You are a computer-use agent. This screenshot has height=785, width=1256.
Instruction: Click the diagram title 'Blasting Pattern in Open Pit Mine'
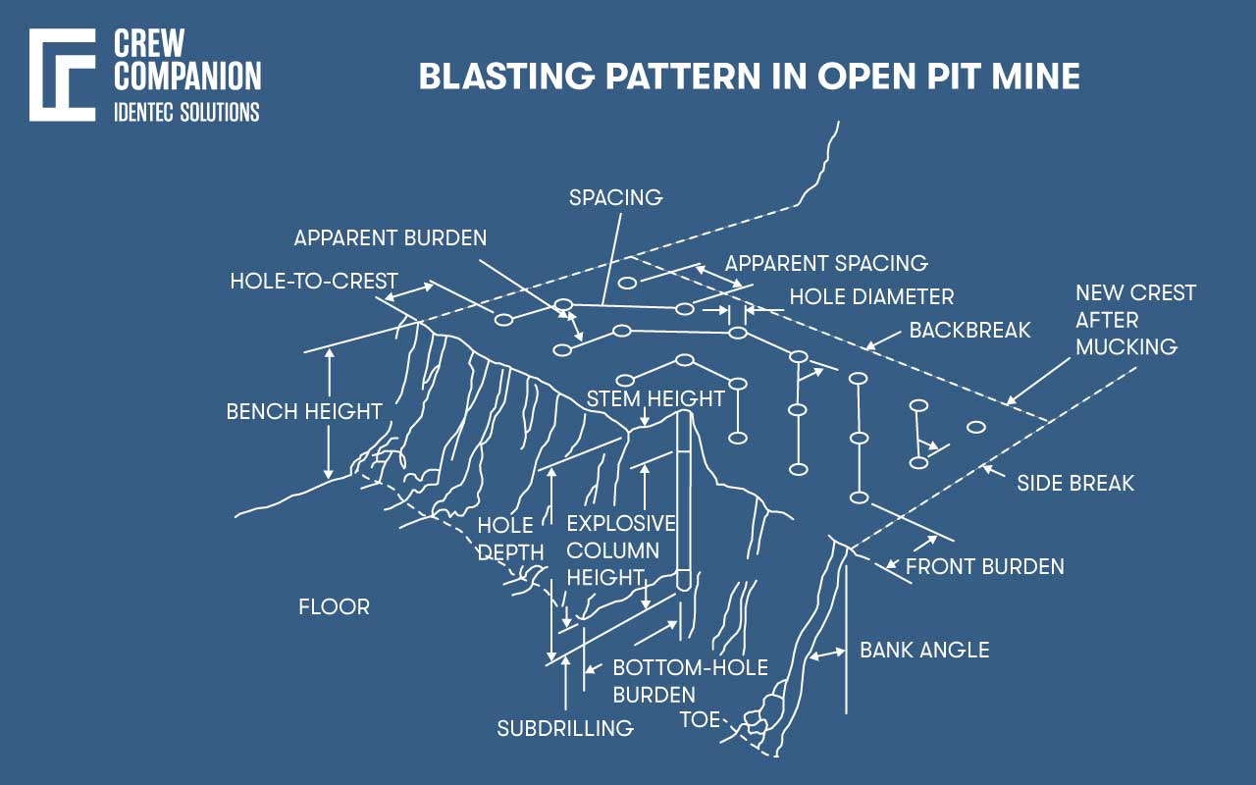[749, 77]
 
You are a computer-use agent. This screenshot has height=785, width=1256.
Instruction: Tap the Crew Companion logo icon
[62, 76]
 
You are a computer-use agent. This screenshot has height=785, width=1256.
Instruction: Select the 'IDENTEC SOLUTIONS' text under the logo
[186, 111]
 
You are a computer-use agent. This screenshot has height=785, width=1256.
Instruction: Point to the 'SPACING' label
[616, 197]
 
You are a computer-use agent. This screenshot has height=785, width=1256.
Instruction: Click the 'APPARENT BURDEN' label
[390, 238]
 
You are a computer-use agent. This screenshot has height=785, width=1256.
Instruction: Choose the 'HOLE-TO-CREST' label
[314, 282]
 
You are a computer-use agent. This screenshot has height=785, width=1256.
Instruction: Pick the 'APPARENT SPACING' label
[825, 263]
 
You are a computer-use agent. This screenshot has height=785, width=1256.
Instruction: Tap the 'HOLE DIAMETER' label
[871, 296]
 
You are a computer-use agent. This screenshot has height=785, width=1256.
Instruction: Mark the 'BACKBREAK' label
[969, 330]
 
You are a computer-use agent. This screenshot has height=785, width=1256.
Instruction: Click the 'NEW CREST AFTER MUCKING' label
[1135, 320]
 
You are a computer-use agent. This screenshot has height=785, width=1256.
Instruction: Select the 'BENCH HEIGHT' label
[303, 411]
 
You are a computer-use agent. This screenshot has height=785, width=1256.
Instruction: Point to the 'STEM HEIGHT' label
[654, 398]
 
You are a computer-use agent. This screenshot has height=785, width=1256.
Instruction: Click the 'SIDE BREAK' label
[1075, 483]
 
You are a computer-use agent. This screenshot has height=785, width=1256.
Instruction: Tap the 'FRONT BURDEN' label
[984, 567]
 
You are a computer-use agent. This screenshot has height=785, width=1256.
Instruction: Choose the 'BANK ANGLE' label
[924, 650]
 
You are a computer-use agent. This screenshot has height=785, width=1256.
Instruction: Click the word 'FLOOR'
[334, 607]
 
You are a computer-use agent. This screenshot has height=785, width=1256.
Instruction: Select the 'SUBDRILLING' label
[564, 728]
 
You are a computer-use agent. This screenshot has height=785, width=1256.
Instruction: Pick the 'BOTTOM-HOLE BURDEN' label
[690, 681]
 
